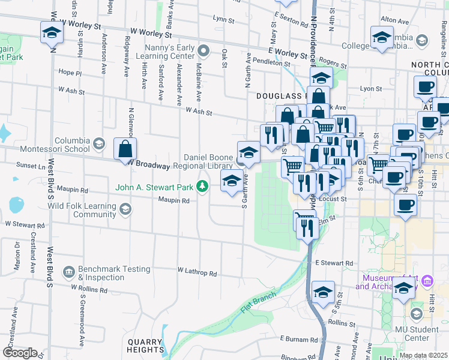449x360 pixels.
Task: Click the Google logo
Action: (20, 353)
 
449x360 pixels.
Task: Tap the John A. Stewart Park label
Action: (155, 187)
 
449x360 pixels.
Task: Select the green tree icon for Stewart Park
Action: (203, 187)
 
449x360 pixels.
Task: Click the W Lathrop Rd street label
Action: (197, 274)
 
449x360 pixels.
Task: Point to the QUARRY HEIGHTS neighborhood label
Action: (145, 346)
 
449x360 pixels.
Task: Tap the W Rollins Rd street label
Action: (89, 289)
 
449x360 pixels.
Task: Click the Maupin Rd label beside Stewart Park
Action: (173, 200)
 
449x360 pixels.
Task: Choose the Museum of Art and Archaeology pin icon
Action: (427, 281)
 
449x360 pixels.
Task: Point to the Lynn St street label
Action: (223, 20)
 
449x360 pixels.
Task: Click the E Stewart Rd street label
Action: (334, 263)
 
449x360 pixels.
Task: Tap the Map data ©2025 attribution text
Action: (423, 355)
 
